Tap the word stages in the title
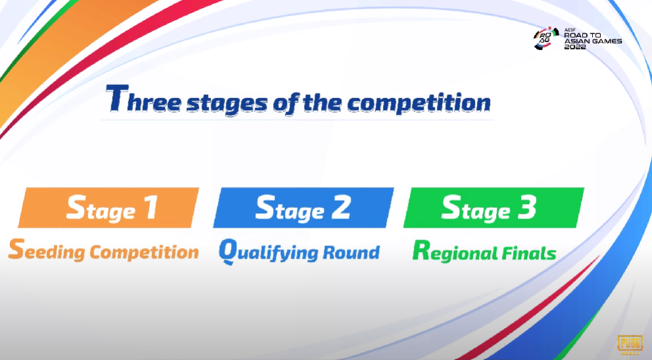(x=227, y=103)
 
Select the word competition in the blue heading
(x=418, y=103)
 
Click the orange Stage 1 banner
(x=109, y=208)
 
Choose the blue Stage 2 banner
(x=303, y=208)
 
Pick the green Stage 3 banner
(x=493, y=208)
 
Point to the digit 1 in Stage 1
(x=151, y=207)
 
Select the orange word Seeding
(x=47, y=250)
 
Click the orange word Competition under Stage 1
(x=144, y=252)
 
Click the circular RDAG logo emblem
(x=546, y=38)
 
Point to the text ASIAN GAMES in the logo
(x=593, y=41)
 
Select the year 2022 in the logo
(x=575, y=47)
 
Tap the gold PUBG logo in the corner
(x=630, y=345)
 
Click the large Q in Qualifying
(x=228, y=251)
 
